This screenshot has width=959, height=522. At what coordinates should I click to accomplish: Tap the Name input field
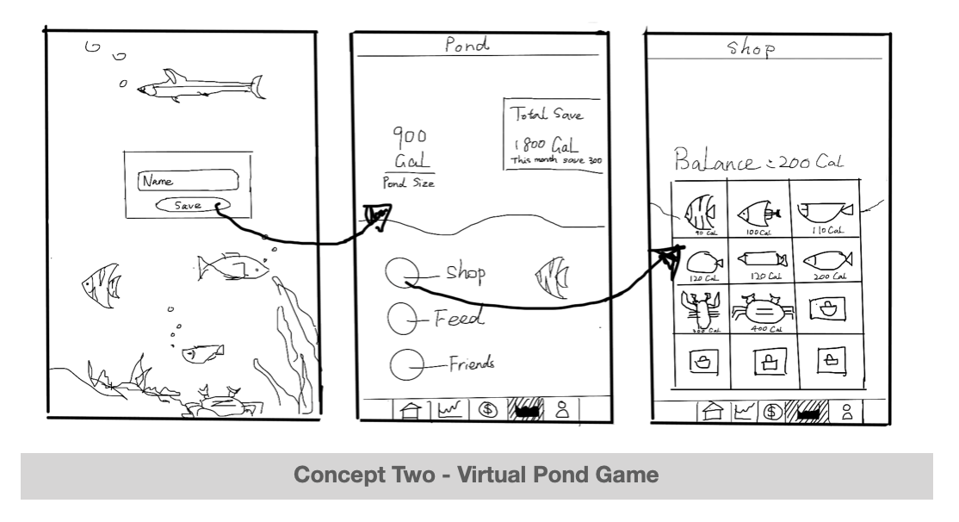(x=187, y=181)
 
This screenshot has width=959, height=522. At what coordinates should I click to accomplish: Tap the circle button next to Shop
(x=400, y=274)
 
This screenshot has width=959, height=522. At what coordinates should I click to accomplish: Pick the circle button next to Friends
(x=405, y=365)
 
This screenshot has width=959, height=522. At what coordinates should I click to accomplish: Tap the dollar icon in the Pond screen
(x=488, y=410)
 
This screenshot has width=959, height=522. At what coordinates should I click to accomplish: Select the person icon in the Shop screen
(x=847, y=412)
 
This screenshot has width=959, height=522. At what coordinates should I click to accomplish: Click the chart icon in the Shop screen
(x=743, y=412)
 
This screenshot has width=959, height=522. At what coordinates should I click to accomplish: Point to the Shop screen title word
(x=752, y=49)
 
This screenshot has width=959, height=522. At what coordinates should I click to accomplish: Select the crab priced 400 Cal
(x=761, y=310)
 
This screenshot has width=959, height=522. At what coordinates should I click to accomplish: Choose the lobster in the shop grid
(x=701, y=310)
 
